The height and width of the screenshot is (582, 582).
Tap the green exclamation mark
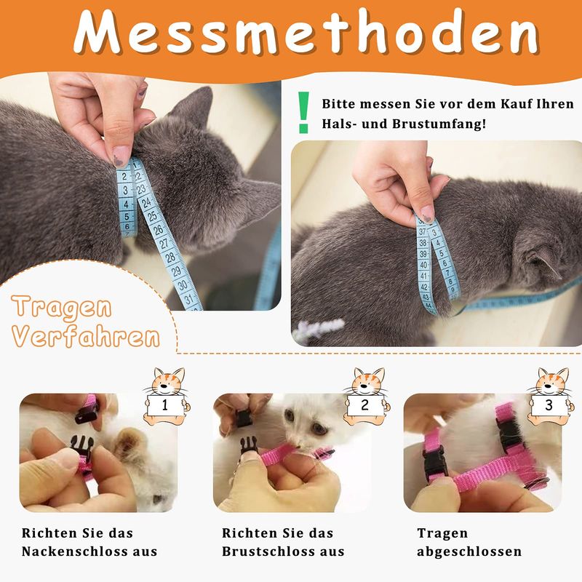tap(303, 113)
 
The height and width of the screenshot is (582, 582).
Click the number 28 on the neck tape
tap(170, 258)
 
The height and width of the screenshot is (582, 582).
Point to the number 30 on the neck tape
tap(183, 285)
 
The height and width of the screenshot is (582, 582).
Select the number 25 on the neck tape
tap(152, 215)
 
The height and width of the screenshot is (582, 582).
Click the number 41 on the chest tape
tap(424, 276)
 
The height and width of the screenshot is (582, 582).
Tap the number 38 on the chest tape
tap(423, 243)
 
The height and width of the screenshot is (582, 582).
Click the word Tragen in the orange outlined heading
tap(62, 308)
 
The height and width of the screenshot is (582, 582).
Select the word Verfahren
tap(86, 336)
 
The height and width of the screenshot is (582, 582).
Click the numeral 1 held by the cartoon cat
tap(165, 405)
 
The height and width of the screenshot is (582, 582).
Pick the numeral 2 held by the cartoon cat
tap(365, 405)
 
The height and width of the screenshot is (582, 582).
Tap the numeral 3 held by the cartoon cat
tap(549, 405)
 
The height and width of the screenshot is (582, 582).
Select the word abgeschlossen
tap(469, 551)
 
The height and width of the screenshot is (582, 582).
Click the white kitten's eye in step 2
tap(290, 415)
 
